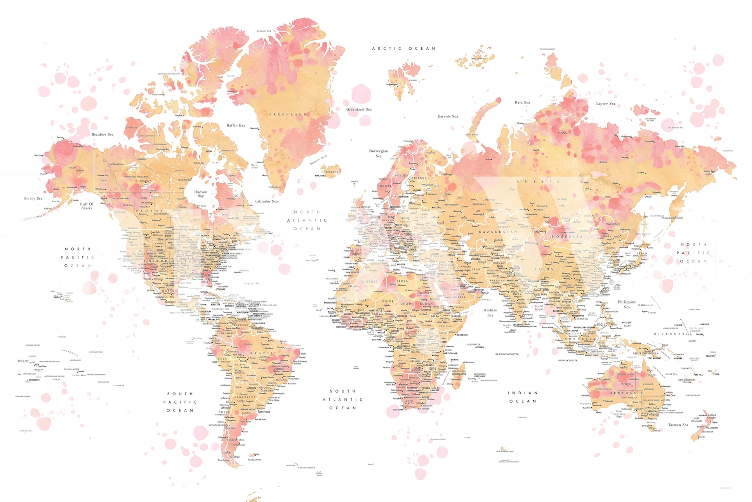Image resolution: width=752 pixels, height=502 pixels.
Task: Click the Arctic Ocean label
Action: click(404, 49)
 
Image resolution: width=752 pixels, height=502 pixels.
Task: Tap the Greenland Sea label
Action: click(359, 109)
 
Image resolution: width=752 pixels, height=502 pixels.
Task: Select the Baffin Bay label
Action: click(236, 125)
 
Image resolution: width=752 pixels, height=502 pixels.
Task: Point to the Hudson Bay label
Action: click(201, 194)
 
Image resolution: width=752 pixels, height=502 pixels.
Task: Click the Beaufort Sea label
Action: click(102, 135)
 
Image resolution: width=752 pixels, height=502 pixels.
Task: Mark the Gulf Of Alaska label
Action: click(87, 206)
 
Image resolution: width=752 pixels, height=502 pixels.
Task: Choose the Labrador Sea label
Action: click(266, 201)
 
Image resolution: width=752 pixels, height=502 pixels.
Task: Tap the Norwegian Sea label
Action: click(379, 153)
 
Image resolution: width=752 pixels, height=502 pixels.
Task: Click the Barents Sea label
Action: click(448, 116)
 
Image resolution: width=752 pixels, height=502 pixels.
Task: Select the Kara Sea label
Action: click(522, 102)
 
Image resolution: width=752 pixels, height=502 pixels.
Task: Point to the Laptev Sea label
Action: click(605, 104)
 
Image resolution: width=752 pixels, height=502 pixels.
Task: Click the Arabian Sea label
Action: click(490, 313)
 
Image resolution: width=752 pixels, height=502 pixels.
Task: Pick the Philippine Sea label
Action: click(627, 304)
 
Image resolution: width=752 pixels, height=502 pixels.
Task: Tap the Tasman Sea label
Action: click(678, 425)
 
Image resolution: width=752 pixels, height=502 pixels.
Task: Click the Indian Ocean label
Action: click(523, 397)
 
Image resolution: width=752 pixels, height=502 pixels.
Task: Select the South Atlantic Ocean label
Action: click(342, 399)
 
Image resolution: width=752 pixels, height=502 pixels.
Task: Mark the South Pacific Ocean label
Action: click(180, 402)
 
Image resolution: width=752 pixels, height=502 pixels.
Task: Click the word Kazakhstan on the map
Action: click(498, 232)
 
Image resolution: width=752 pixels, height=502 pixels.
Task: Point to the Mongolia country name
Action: click(567, 236)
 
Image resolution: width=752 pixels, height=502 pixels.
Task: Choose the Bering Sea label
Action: click(33, 198)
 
